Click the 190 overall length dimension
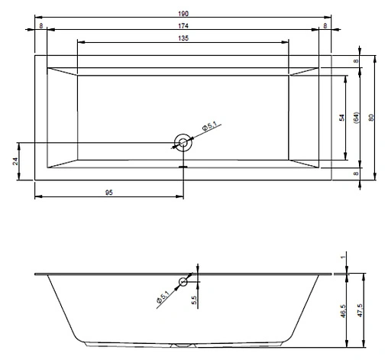[x=183, y=14]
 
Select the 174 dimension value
[x=183, y=26]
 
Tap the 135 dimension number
[x=183, y=38]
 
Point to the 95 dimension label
[x=109, y=193]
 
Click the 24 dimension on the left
[x=15, y=161]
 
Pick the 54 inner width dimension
[x=342, y=118]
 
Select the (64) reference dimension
[x=357, y=118]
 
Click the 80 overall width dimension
[x=371, y=118]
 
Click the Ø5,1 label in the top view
[x=209, y=126]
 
